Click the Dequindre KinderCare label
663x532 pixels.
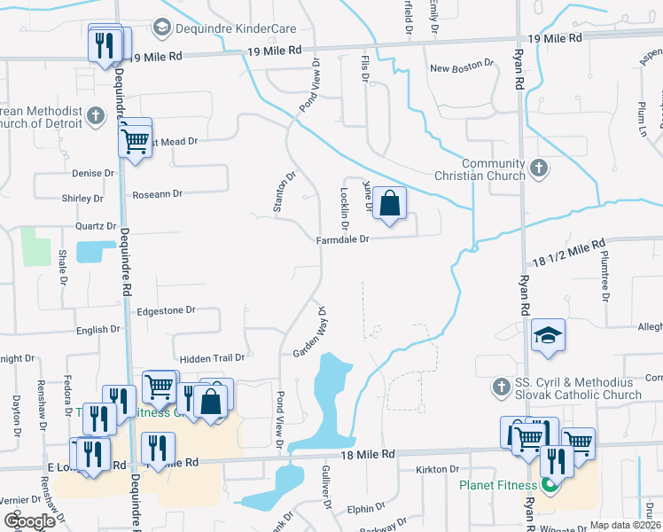(235, 28)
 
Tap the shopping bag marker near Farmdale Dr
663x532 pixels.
(389, 204)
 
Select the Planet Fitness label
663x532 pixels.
(497, 485)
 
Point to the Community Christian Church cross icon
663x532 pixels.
(537, 168)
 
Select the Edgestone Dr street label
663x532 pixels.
(166, 311)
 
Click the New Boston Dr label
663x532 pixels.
(460, 66)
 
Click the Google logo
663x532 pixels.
(30, 521)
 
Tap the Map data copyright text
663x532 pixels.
(625, 525)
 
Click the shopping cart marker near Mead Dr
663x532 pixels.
(135, 140)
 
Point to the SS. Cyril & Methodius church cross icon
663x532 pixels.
(501, 387)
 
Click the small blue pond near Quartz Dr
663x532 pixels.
(90, 252)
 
